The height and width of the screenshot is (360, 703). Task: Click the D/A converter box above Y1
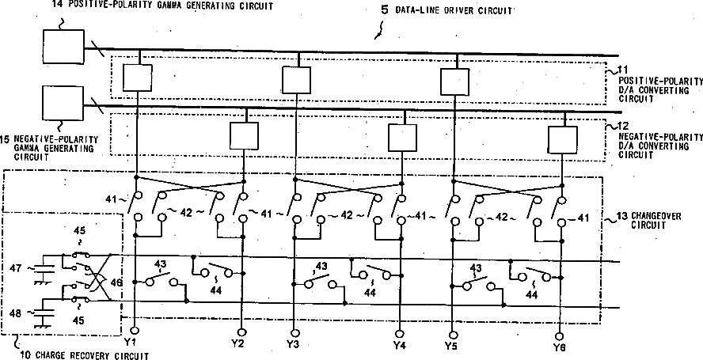click(138, 78)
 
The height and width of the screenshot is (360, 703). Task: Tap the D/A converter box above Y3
click(296, 79)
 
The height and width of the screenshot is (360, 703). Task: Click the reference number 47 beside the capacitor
click(14, 270)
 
